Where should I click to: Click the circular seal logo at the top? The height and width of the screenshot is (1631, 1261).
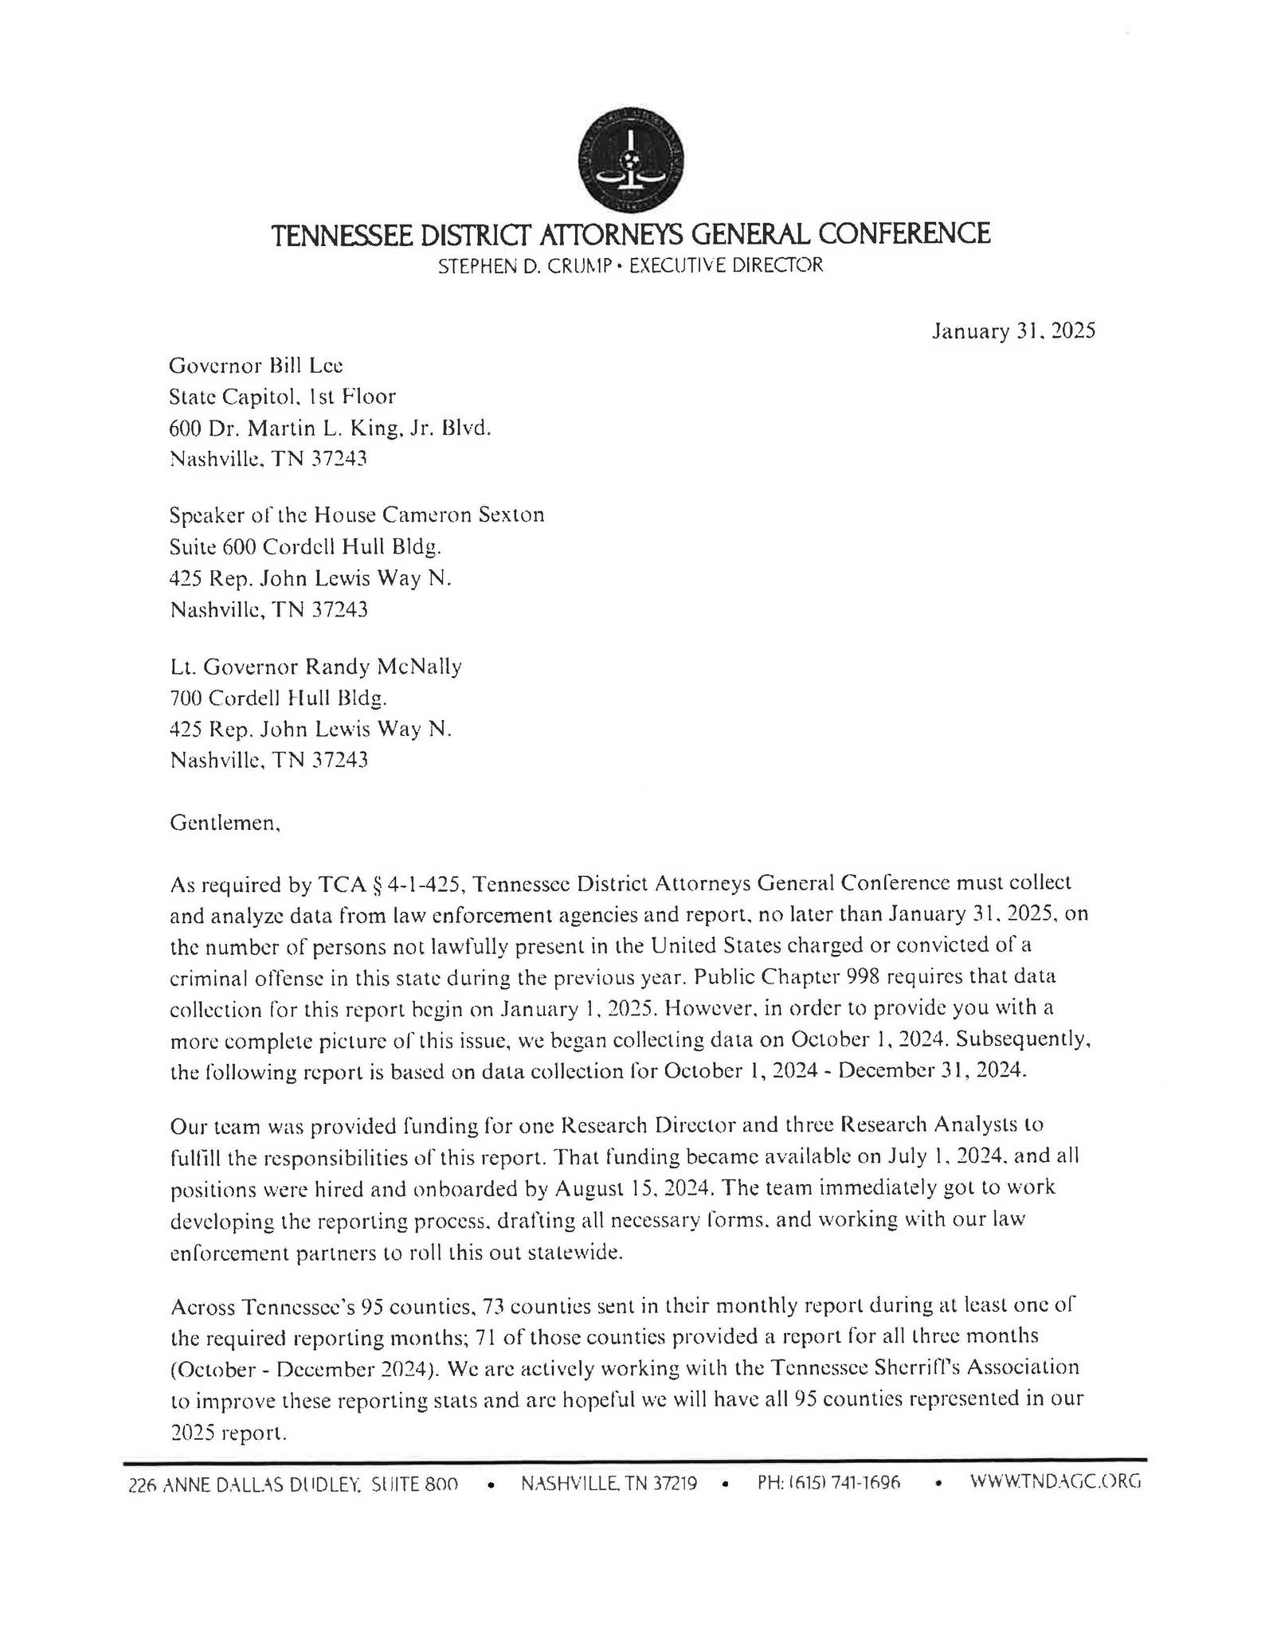tap(630, 158)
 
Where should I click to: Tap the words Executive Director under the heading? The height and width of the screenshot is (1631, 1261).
tap(726, 266)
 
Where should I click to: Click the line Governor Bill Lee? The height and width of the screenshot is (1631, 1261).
tap(256, 366)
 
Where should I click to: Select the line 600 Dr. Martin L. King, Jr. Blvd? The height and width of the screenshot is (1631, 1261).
tap(330, 428)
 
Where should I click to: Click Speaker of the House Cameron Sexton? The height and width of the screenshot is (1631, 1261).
tap(357, 514)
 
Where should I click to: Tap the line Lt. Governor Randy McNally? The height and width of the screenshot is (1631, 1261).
tap(315, 666)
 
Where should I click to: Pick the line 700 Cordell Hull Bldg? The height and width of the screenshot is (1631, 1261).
tap(278, 698)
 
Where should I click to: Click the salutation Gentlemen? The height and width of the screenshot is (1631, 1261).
tap(225, 823)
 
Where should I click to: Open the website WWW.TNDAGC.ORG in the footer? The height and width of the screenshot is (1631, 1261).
tap(1055, 1481)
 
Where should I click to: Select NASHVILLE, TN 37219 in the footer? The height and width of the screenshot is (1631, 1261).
tap(609, 1483)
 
